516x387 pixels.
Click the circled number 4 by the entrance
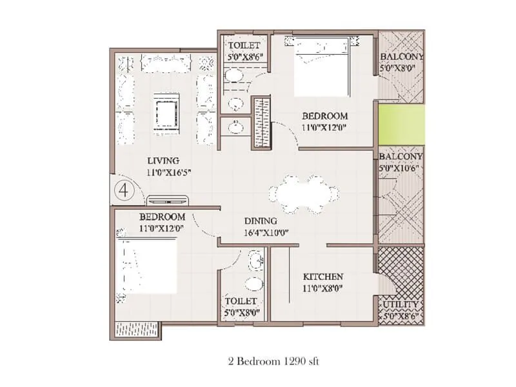pyautogui.click(x=124, y=190)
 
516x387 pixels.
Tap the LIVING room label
pyautogui.click(x=163, y=161)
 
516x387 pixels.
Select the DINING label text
pyautogui.click(x=261, y=221)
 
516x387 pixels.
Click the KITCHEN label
pyautogui.click(x=323, y=277)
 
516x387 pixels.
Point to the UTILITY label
pyautogui.click(x=401, y=304)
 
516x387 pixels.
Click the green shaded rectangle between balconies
pyautogui.click(x=401, y=124)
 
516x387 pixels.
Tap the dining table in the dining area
pyautogui.click(x=304, y=194)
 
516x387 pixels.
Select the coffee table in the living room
pyautogui.click(x=167, y=114)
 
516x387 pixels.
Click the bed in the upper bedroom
pyautogui.click(x=321, y=66)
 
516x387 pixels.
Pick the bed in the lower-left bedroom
pyautogui.click(x=149, y=265)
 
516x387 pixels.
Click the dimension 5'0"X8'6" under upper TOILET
pyautogui.click(x=246, y=56)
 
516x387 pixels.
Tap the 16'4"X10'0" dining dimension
pyautogui.click(x=266, y=233)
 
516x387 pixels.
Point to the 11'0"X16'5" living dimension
pyautogui.click(x=169, y=172)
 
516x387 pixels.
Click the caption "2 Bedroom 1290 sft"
pyautogui.click(x=273, y=361)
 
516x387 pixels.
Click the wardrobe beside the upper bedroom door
pyautogui.click(x=262, y=122)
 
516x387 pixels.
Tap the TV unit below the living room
pyautogui.click(x=168, y=200)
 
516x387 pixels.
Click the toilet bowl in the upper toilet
pyautogui.click(x=234, y=75)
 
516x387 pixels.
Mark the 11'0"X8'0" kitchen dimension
pyautogui.click(x=323, y=289)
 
